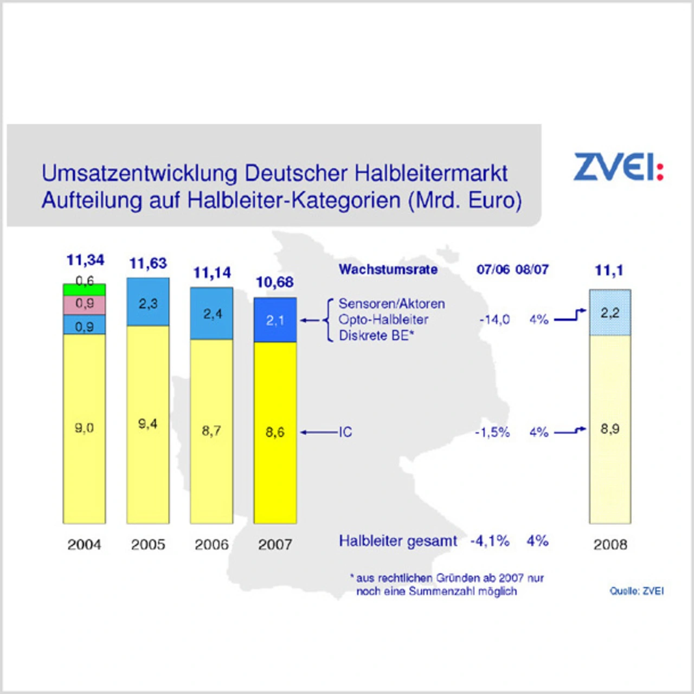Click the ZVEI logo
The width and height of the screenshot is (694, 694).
[x=618, y=166]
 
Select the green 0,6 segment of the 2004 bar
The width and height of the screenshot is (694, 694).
[x=85, y=289]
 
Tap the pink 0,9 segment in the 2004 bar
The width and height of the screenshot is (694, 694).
[x=85, y=305]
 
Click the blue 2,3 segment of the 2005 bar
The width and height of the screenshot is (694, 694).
[x=148, y=302]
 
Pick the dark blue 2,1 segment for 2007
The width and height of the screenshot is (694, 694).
[x=275, y=320]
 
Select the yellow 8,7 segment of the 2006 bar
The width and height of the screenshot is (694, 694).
[x=211, y=431]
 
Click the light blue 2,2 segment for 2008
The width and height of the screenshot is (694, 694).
[x=610, y=313]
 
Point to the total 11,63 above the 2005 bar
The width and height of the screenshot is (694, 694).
[x=148, y=264]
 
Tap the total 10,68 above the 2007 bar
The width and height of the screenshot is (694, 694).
[x=275, y=282]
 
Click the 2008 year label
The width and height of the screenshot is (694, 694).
[x=610, y=544]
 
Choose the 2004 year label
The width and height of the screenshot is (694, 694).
[x=85, y=544]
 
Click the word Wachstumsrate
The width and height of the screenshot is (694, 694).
[x=388, y=269]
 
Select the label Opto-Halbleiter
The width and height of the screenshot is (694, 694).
[x=383, y=320]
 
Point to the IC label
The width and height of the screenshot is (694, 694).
[x=345, y=432]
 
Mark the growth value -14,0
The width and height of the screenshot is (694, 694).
[x=494, y=320]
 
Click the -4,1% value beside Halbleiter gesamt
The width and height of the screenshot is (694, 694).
[x=490, y=541]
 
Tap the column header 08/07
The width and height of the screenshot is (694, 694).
[x=532, y=269]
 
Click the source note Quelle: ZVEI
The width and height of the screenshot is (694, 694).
[x=637, y=591]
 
